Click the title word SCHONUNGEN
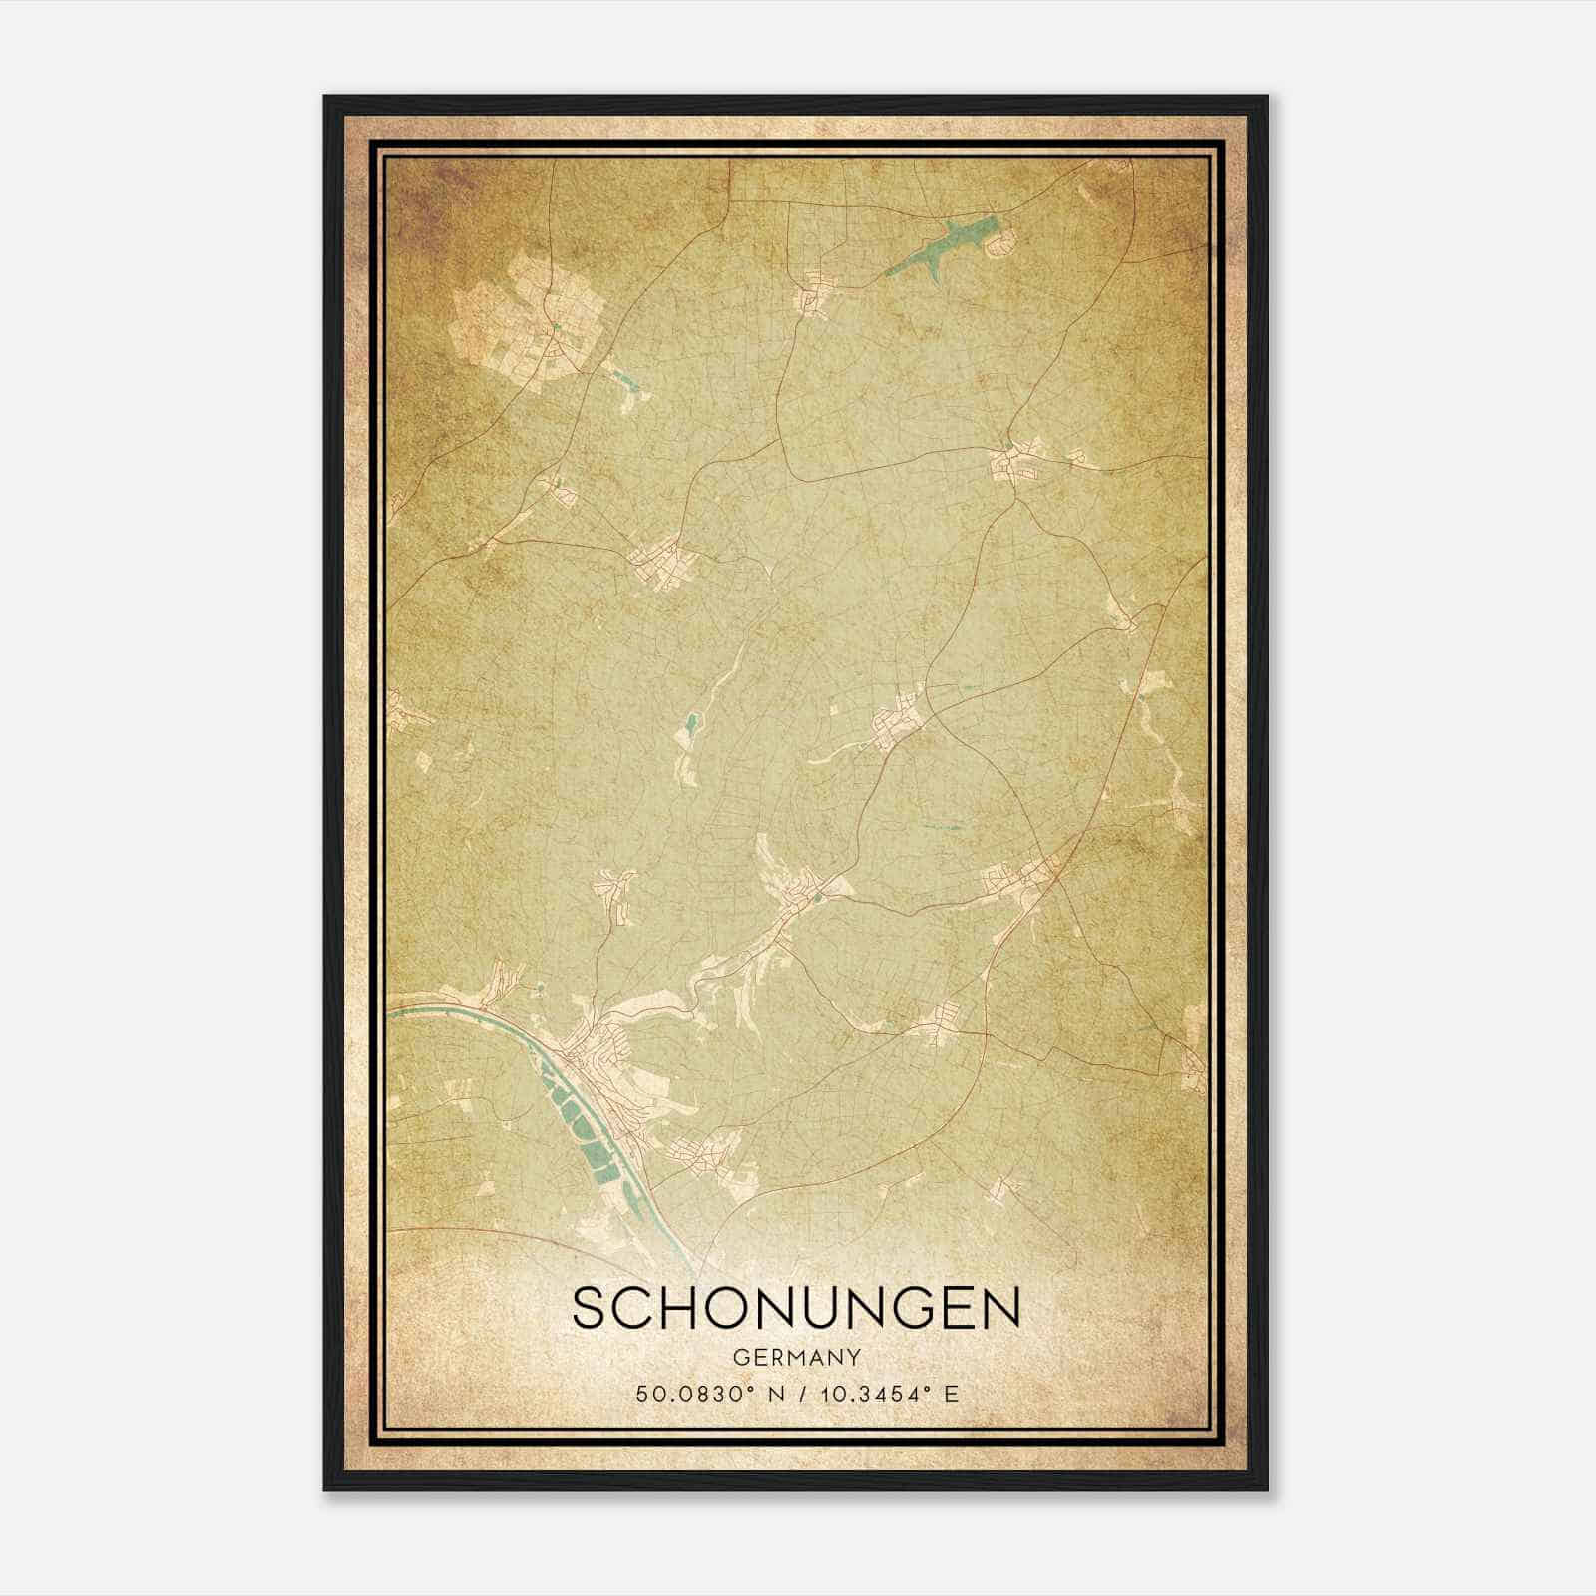(x=796, y=1308)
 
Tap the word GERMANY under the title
(x=797, y=1357)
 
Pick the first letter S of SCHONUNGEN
(x=589, y=1308)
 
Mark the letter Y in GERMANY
(x=853, y=1357)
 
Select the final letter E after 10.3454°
(x=952, y=1394)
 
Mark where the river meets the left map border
(x=389, y=1010)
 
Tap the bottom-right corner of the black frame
(x=1267, y=1489)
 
